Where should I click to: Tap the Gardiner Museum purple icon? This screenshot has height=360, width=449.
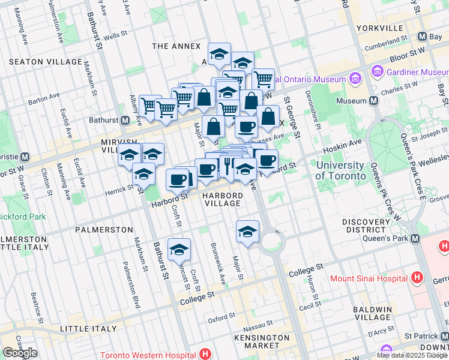[378, 72]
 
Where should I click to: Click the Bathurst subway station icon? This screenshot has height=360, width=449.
[125, 120]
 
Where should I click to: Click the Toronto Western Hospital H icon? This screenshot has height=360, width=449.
[206, 355]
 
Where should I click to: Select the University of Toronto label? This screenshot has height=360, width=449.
[340, 170]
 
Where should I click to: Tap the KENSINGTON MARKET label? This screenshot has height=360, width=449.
[258, 341]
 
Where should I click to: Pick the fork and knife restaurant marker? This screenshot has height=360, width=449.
[229, 165]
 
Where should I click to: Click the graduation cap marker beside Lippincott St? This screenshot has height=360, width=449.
[179, 250]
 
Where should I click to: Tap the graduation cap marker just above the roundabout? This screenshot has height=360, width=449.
[247, 232]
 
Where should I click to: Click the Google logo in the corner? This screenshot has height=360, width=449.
[20, 353]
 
